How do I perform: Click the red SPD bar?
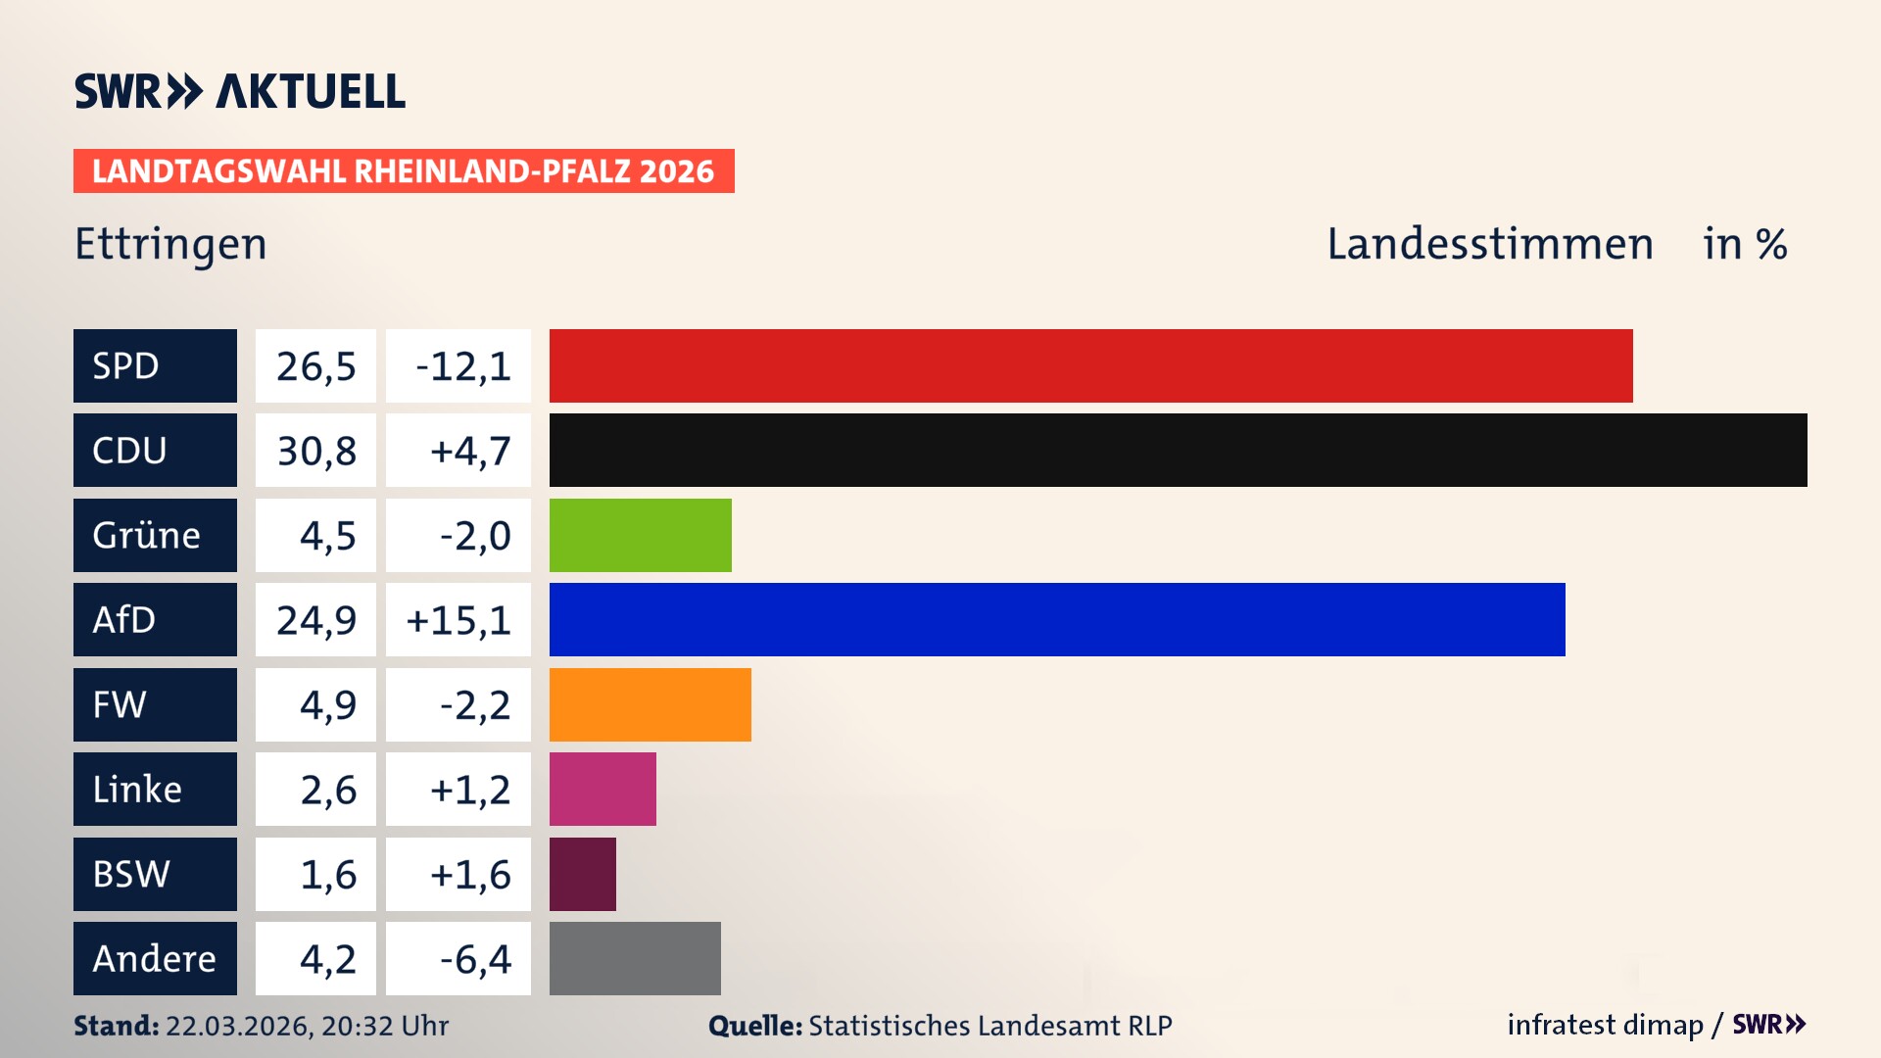tap(1090, 365)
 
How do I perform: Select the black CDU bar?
tap(1178, 450)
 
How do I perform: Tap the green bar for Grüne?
tap(640, 535)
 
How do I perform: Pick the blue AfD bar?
tap(1057, 619)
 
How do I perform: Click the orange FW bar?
tap(650, 704)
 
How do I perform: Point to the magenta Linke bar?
tap(603, 789)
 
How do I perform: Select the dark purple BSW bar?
tap(582, 874)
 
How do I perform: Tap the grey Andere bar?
tap(635, 958)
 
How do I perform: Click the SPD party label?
tap(155, 365)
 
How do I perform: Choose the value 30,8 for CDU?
tap(315, 451)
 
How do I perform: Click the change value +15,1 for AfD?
tap(458, 620)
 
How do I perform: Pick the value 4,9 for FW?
tap(327, 705)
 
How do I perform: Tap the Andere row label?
tap(155, 958)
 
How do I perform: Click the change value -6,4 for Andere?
tap(474, 959)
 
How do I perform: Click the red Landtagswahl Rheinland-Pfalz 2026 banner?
tap(404, 171)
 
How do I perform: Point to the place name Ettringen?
tap(170, 244)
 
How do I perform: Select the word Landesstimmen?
tap(1489, 244)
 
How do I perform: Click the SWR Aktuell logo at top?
tap(240, 91)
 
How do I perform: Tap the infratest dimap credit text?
tap(1604, 1025)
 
